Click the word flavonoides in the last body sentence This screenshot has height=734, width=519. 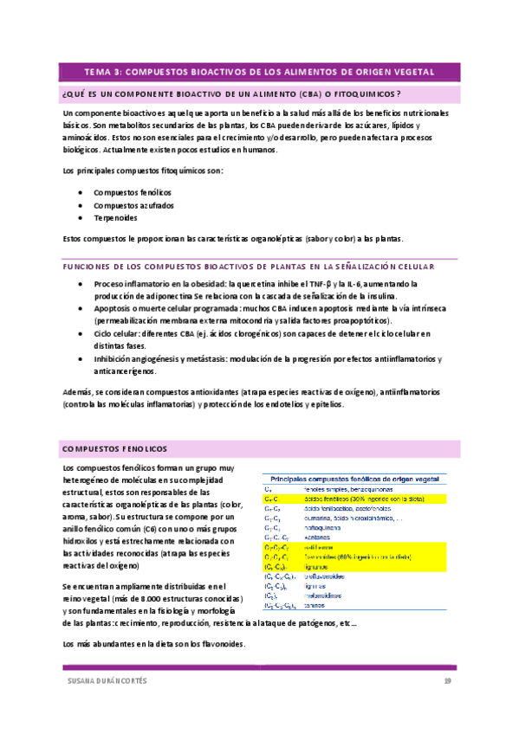coord(223,644)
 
